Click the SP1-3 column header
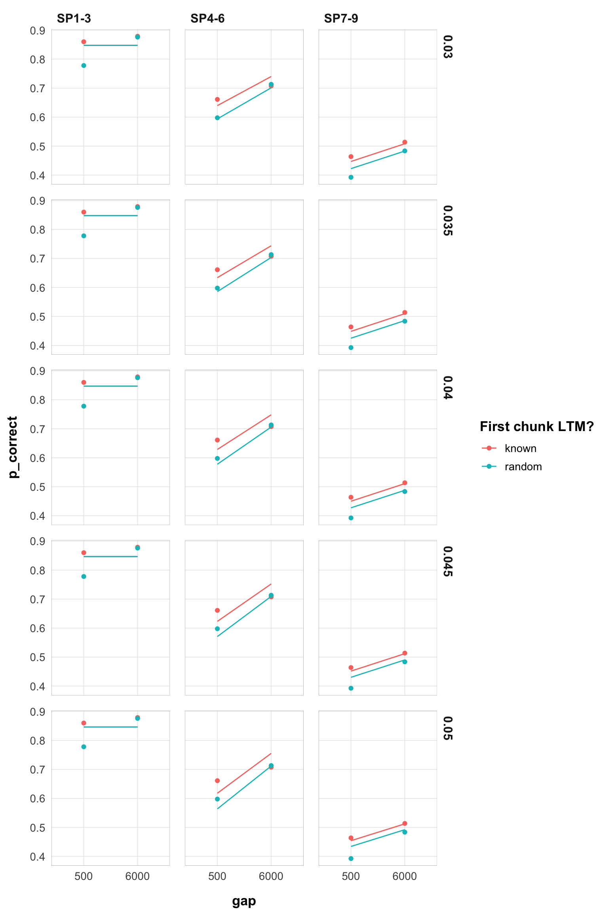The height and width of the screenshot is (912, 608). [x=74, y=19]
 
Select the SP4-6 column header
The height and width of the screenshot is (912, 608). [x=207, y=19]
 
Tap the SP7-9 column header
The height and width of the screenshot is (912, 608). [x=341, y=19]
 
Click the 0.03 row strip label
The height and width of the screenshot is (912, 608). [x=447, y=47]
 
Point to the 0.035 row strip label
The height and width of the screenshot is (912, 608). [x=447, y=220]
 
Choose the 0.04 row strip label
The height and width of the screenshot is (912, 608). [x=447, y=388]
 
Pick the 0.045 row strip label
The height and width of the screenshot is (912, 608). [x=447, y=561]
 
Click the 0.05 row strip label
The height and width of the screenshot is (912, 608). [x=447, y=728]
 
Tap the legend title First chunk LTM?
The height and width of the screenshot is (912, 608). [x=537, y=426]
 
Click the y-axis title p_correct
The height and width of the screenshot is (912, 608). [x=13, y=447]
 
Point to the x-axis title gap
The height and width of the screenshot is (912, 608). [x=244, y=901]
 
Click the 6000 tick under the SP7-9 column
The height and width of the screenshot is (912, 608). [x=405, y=876]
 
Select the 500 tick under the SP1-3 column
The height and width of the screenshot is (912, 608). [x=84, y=876]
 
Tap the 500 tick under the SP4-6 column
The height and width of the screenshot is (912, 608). [x=217, y=876]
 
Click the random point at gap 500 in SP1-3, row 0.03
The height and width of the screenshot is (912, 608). [x=84, y=65]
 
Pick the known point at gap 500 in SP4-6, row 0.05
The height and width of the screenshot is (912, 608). [x=217, y=781]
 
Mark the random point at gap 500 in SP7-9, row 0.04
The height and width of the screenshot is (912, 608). [x=351, y=518]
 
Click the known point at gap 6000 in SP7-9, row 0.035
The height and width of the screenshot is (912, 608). [x=405, y=313]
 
